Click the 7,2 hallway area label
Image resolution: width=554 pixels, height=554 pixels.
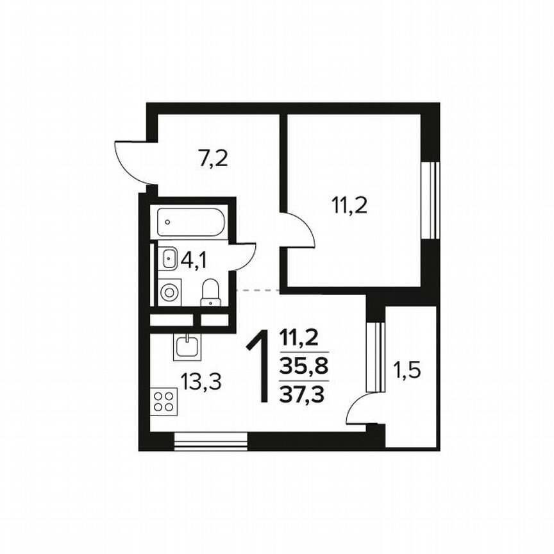click(x=213, y=158)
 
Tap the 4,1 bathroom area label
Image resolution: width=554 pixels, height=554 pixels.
click(x=194, y=260)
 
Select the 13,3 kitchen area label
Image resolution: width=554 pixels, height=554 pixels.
click(x=201, y=383)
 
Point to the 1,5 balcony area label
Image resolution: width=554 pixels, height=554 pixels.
click(x=406, y=371)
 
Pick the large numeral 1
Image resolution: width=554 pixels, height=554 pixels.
click(x=260, y=367)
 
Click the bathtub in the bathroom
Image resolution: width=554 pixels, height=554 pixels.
click(x=190, y=222)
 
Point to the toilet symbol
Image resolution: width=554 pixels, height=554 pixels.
click(x=211, y=294)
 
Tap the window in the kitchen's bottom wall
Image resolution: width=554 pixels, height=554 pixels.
click(x=211, y=441)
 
